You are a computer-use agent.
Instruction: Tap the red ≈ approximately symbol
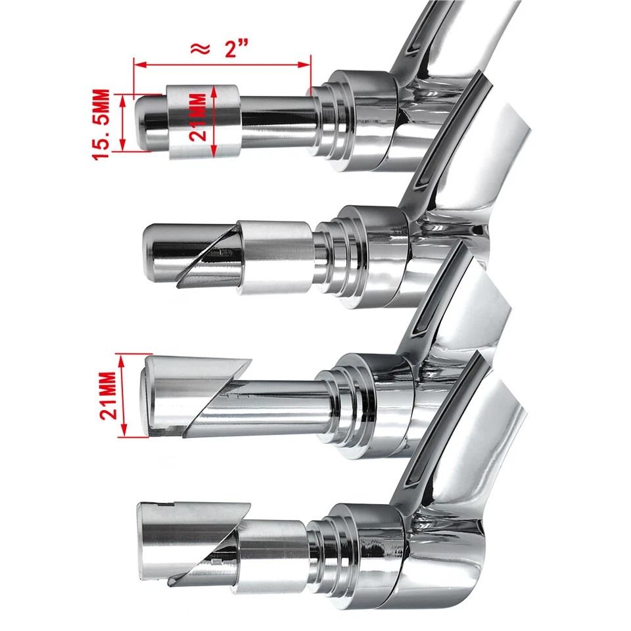pyautogui.click(x=200, y=49)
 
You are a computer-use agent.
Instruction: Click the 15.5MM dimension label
pyautogui.click(x=101, y=124)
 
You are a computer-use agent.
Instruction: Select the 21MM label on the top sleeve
pyautogui.click(x=198, y=117)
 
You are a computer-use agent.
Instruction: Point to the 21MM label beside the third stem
pyautogui.click(x=108, y=396)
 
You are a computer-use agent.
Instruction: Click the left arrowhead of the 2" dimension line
pyautogui.click(x=139, y=64)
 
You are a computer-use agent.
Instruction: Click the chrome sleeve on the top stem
pyautogui.click(x=204, y=121)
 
